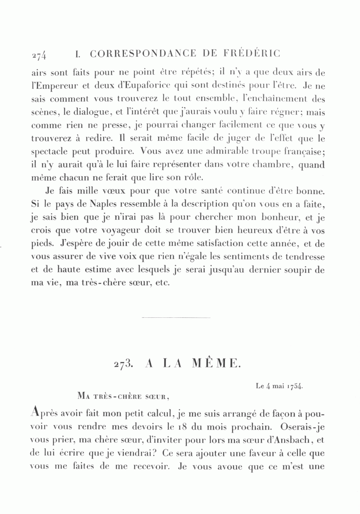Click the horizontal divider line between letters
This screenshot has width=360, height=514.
(176, 318)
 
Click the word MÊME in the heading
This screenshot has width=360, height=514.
(216, 363)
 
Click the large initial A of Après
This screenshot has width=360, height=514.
(36, 410)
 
